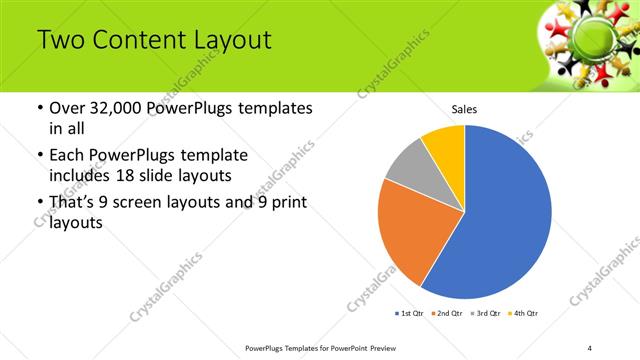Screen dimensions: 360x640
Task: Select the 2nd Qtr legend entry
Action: click(446, 314)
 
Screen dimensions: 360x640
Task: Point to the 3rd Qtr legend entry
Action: click(485, 314)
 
